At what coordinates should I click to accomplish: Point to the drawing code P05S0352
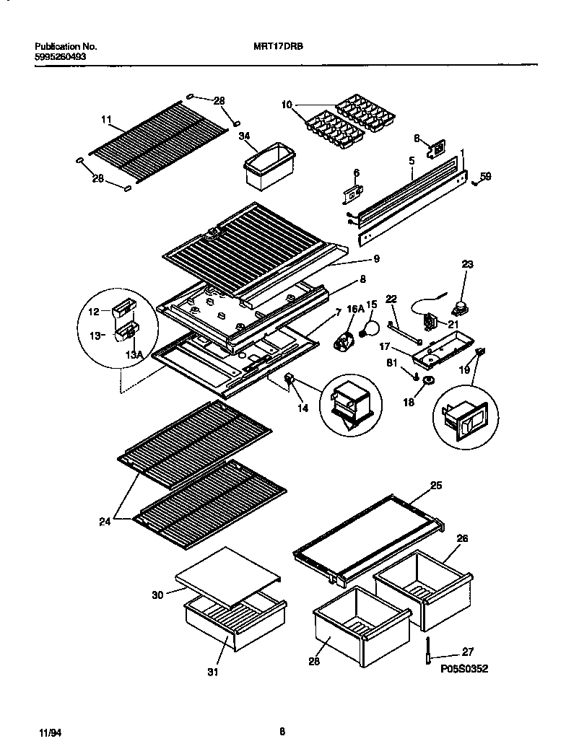click(464, 669)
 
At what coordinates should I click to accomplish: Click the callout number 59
click(486, 175)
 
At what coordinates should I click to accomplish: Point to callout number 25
click(436, 486)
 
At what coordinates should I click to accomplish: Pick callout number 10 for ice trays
click(287, 105)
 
